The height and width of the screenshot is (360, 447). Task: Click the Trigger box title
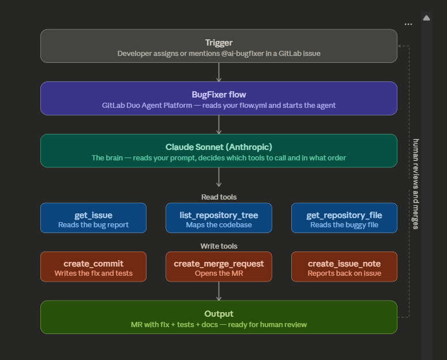(x=219, y=43)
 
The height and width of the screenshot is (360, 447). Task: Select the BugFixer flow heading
(x=219, y=95)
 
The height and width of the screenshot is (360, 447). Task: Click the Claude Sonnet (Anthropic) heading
(x=219, y=147)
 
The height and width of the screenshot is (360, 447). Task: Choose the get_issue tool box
(x=93, y=218)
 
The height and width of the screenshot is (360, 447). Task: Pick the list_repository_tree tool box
(x=219, y=218)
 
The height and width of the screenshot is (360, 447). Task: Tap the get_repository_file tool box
(x=344, y=218)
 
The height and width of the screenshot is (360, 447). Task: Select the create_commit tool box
(x=93, y=267)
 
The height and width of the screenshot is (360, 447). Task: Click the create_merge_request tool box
(x=219, y=267)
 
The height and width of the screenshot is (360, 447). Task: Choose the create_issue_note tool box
(x=344, y=267)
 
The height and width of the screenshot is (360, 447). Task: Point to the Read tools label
(x=219, y=197)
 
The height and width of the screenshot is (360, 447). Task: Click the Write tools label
(x=219, y=246)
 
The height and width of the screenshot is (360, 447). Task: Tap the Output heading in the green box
(x=219, y=314)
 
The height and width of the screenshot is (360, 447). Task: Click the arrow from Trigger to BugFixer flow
(x=219, y=72)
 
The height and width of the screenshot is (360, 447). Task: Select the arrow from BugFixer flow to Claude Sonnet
(x=219, y=125)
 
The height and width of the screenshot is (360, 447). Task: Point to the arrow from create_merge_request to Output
(x=219, y=291)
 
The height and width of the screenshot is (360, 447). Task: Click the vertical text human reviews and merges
(x=416, y=184)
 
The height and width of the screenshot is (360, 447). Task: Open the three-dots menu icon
(x=408, y=24)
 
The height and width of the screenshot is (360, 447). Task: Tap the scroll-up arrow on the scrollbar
(x=426, y=18)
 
